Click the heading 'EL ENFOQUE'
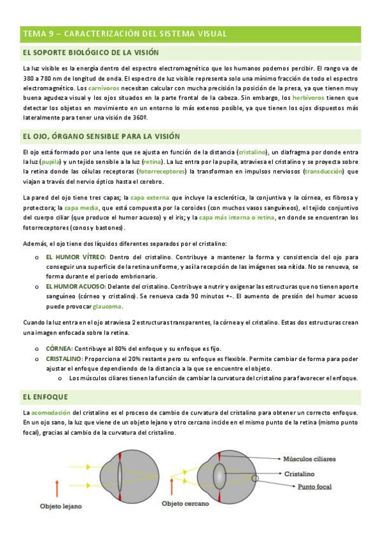(45, 397)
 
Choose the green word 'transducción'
(324, 172)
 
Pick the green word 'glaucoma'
(107, 307)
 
